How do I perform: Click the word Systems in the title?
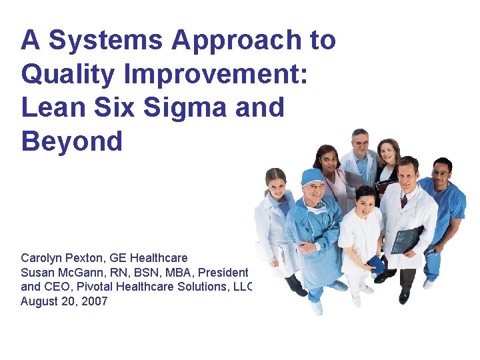coord(106,41)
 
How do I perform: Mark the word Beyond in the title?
coord(71,141)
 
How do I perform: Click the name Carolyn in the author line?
coord(42,258)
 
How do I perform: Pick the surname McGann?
coord(77,273)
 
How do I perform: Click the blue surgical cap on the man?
coord(311,177)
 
